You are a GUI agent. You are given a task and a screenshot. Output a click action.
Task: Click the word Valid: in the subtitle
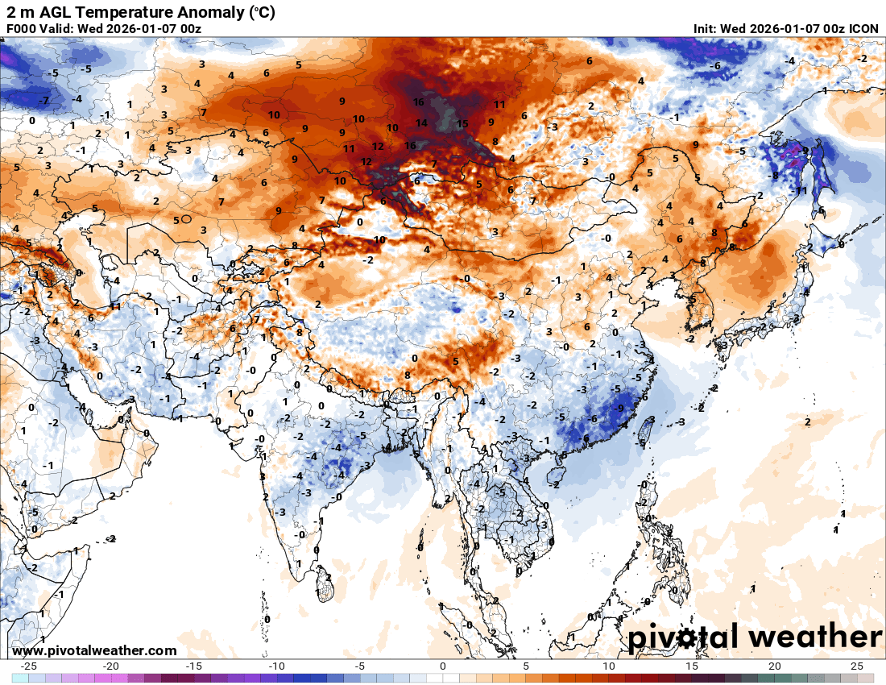click(60, 29)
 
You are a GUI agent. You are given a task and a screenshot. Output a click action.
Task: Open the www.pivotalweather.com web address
click(94, 650)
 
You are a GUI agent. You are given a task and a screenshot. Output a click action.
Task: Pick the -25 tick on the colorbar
click(29, 666)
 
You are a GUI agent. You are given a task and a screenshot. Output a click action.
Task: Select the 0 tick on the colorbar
click(442, 666)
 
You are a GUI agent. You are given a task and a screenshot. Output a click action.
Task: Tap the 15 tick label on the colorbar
click(691, 666)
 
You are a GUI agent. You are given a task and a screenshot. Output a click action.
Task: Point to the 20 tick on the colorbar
click(774, 666)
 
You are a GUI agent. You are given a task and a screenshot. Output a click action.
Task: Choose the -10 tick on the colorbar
click(276, 666)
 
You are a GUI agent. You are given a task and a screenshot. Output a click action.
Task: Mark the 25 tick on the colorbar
click(857, 666)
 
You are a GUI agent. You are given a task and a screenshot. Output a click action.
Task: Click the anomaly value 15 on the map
click(462, 124)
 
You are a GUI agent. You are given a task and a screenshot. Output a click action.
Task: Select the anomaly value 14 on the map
click(421, 123)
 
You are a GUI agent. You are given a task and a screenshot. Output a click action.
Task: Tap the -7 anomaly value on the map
click(45, 101)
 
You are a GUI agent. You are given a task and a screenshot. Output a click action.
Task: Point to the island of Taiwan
click(644, 433)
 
